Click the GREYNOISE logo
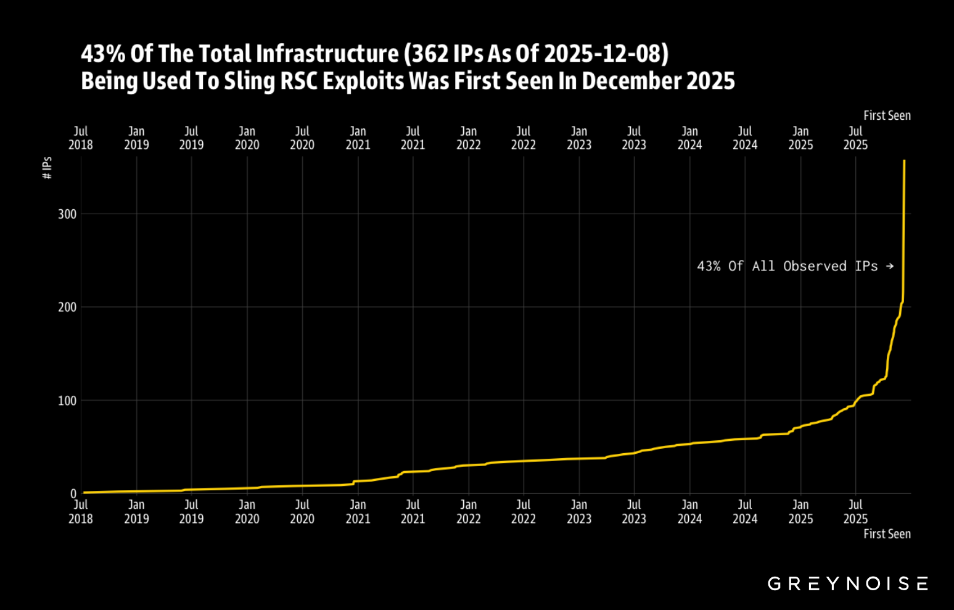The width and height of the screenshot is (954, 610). click(847, 583)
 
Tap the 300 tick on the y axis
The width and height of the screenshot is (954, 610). click(67, 214)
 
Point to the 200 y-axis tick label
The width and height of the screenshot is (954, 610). click(67, 307)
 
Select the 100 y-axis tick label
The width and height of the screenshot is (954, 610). click(67, 401)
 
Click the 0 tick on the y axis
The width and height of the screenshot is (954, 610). click(73, 494)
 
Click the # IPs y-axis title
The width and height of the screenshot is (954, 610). click(47, 168)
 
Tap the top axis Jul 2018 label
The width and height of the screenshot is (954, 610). click(81, 138)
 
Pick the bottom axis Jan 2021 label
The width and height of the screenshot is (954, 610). click(358, 512)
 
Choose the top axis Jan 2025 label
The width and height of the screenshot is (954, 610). click(800, 138)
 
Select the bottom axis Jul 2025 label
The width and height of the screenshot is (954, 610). click(855, 512)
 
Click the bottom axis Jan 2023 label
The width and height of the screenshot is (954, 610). click(579, 512)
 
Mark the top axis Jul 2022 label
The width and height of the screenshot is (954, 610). click(524, 138)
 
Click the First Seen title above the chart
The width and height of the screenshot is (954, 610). click(887, 115)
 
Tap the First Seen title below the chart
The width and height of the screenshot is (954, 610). click(887, 534)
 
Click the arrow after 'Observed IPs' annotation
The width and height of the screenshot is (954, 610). click(890, 266)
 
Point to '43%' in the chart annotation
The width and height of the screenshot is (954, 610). click(709, 266)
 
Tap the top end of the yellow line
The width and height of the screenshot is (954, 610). click(904, 161)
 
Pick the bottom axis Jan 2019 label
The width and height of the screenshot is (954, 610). click(136, 512)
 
